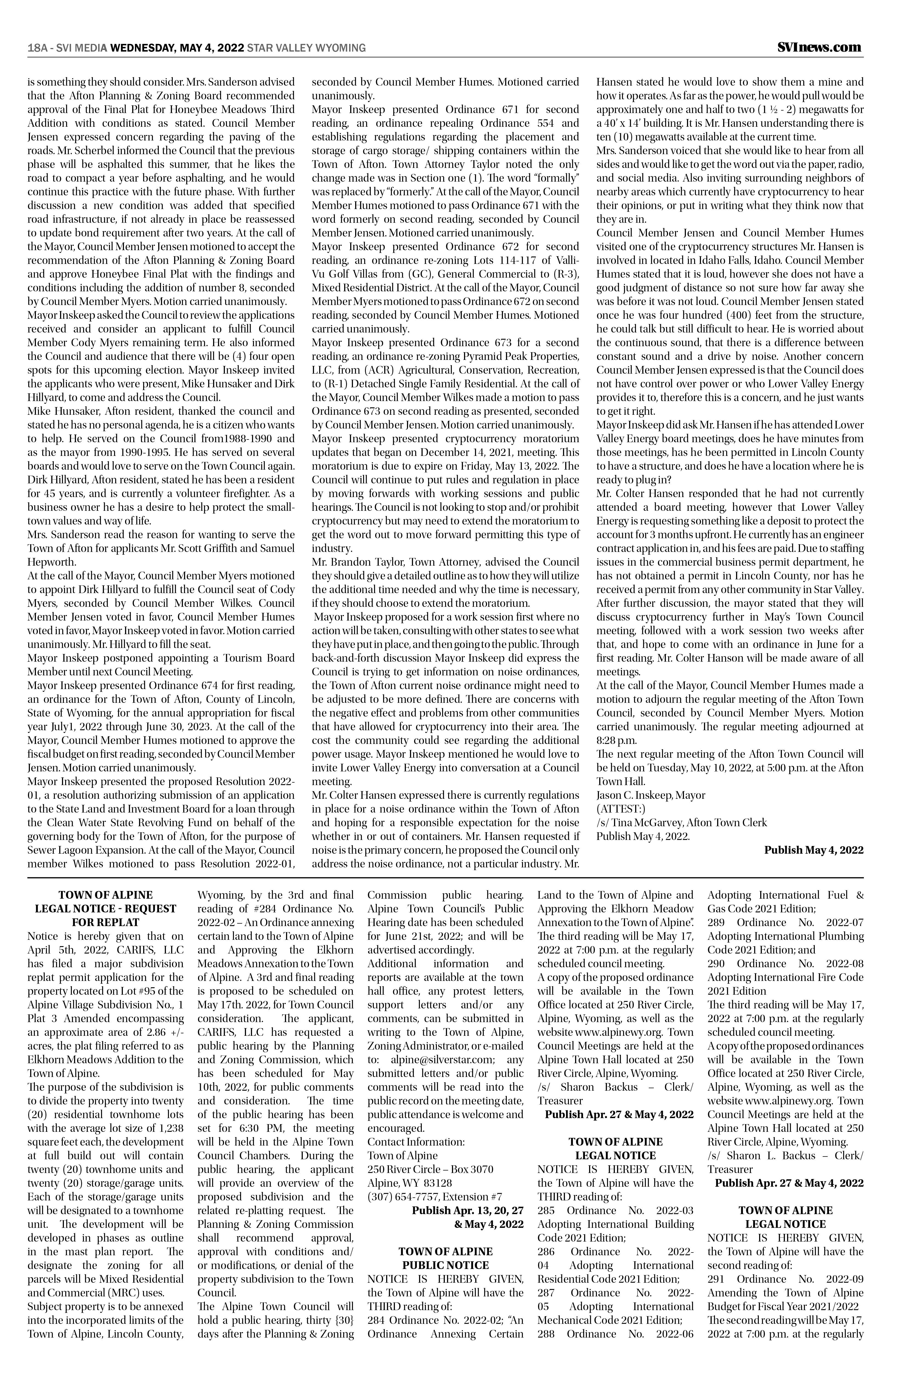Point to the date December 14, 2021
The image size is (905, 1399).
tap(430, 452)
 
